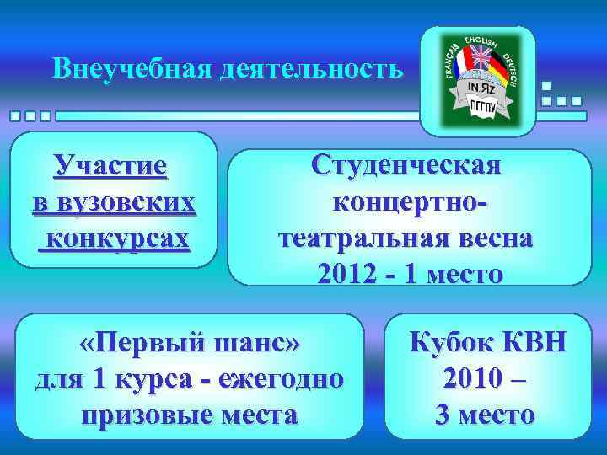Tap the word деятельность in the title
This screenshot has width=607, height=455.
311,68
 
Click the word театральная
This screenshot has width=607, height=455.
372,238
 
